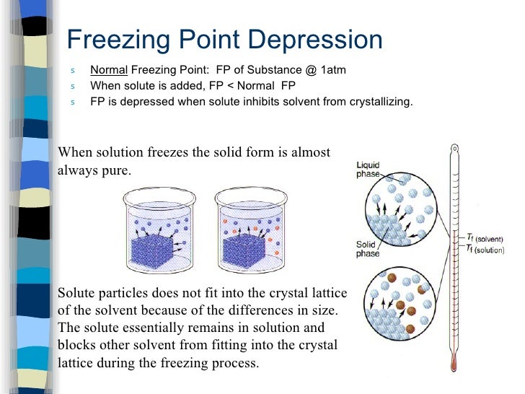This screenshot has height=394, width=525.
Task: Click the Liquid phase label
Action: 371,170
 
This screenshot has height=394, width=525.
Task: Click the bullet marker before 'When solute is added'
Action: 72,87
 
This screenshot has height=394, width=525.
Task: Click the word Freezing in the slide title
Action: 117,40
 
